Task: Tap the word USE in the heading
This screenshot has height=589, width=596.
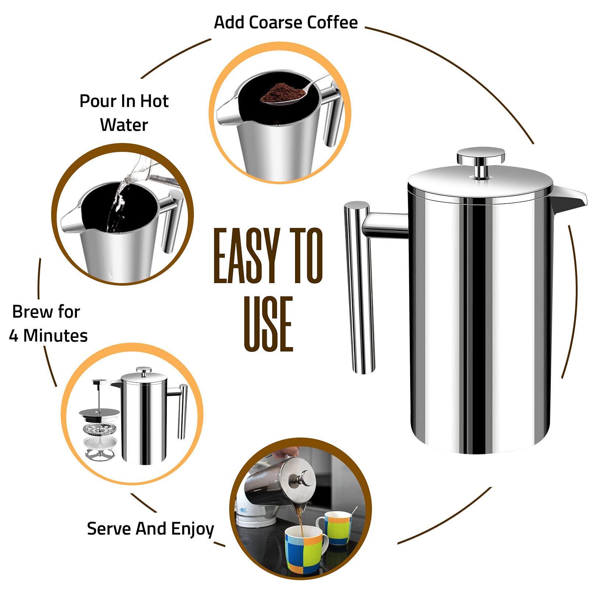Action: click(268, 324)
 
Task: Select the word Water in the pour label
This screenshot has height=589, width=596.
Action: click(124, 125)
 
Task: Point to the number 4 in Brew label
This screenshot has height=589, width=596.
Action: click(14, 336)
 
